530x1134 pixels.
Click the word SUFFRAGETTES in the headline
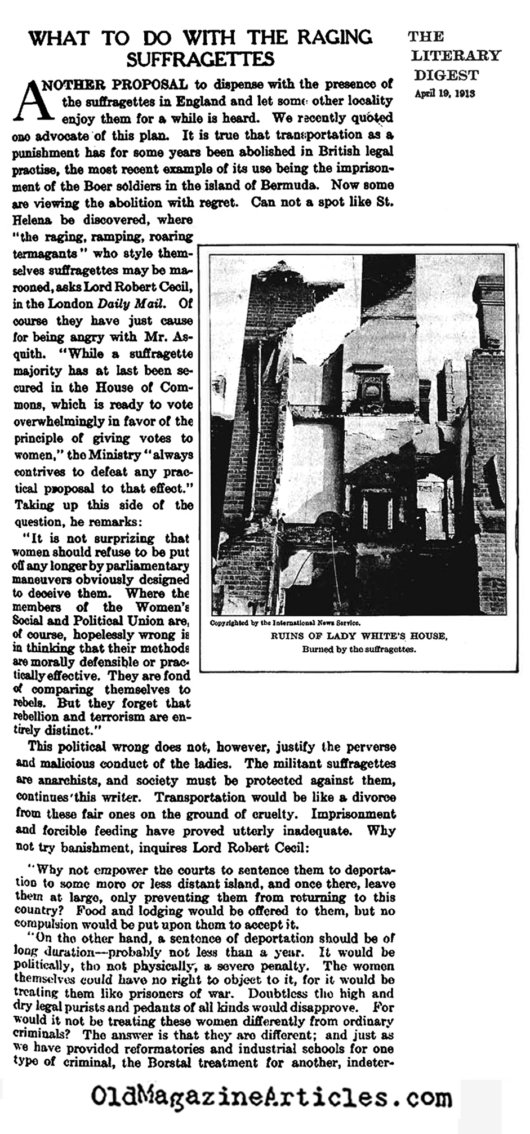201,59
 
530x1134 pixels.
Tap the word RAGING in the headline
331,37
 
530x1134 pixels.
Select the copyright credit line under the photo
285,623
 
